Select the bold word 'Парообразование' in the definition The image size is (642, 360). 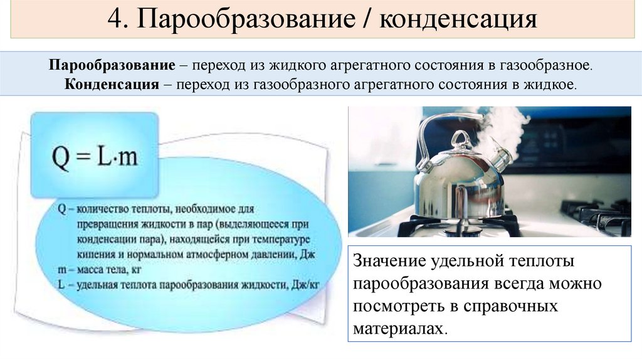pos(112,66)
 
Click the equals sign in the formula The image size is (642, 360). pos(83,157)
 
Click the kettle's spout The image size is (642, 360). pos(500,160)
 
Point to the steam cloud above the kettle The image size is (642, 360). pos(502,125)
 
